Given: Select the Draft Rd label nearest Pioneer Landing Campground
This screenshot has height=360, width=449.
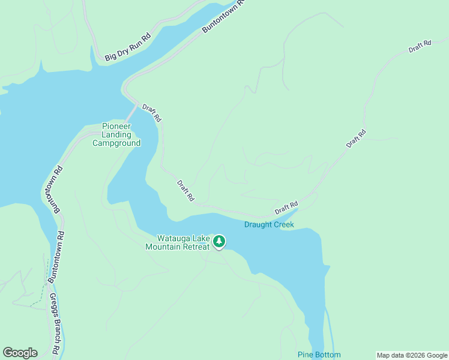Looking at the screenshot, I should (x=151, y=113).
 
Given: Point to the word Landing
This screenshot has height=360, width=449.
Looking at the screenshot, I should (x=116, y=135).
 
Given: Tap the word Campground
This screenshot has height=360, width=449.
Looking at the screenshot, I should (x=116, y=143).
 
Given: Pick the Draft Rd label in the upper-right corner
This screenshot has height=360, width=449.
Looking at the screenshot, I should (x=420, y=46).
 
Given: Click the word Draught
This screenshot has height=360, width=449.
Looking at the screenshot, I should (x=259, y=225).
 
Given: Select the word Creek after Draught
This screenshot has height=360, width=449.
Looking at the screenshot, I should (x=285, y=225).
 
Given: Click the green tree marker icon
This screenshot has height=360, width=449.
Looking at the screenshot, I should (x=219, y=241).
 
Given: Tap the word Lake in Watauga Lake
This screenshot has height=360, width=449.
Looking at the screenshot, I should (x=201, y=238).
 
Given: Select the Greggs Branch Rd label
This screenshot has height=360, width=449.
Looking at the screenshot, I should (x=54, y=323).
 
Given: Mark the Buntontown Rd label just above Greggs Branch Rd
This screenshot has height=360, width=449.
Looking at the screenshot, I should (x=56, y=257).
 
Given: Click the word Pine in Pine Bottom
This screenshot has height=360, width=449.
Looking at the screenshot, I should (x=306, y=355).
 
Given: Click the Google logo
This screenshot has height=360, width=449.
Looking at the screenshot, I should (x=20, y=353).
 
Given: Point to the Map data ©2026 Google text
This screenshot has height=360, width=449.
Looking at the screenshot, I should (x=411, y=355).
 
